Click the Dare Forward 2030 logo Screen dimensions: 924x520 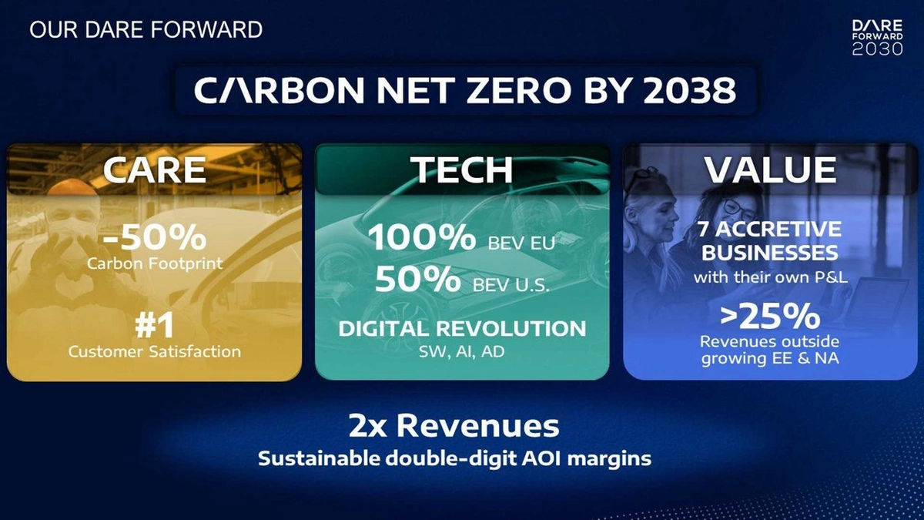click(877, 37)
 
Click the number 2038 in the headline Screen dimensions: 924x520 click(690, 90)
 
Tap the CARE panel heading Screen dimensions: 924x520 click(155, 169)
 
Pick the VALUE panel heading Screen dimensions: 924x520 click(770, 169)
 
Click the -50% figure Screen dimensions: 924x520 click(155, 237)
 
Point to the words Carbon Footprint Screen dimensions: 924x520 click(155, 263)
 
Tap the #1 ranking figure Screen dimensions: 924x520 click(155, 326)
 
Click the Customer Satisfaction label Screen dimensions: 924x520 click(155, 351)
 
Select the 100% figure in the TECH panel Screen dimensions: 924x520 click(422, 237)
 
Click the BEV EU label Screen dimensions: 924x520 click(521, 243)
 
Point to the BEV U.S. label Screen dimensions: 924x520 click(511, 285)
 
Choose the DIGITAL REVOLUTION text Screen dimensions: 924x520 click(462, 328)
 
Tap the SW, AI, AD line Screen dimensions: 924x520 click(461, 351)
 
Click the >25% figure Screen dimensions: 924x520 click(770, 317)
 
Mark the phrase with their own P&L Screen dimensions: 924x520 click(770, 277)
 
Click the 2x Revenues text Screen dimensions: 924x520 click(454, 426)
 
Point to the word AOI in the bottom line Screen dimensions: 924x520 click(541, 458)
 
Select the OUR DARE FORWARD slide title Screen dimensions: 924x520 click(146, 30)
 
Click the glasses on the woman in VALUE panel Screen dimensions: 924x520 click(739, 209)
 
